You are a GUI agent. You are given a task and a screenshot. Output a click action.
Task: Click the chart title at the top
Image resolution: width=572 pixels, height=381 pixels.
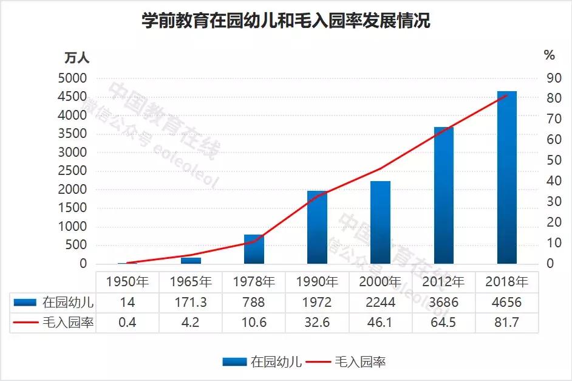pos(286,21)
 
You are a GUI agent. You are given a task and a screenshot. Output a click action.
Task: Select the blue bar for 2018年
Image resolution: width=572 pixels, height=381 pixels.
pos(506,177)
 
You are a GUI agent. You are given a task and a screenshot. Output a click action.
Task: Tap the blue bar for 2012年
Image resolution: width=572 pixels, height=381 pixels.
pos(443,196)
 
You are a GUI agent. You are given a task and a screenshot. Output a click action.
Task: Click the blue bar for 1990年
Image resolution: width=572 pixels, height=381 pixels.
pos(317,227)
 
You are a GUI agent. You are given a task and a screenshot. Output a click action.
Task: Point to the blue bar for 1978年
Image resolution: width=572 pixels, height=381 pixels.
pos(254,249)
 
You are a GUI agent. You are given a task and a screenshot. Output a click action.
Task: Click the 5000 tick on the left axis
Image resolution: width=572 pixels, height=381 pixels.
pos(73,78)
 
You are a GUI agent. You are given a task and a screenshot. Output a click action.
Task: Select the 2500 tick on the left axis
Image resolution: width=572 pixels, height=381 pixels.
pos(73,171)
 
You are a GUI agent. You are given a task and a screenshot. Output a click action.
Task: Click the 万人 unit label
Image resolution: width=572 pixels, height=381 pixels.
pos(77,58)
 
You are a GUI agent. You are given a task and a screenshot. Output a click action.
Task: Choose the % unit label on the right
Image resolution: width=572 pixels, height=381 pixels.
pos(549,55)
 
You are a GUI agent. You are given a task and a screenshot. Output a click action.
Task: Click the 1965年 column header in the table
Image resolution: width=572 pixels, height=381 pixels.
pos(191,282)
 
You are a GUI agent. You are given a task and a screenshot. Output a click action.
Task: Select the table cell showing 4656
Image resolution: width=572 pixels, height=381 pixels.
pos(506,302)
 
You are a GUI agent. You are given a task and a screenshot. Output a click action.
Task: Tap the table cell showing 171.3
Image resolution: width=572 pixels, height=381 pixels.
pos(191,302)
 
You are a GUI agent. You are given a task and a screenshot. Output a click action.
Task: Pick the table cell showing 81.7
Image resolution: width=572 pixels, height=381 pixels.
pos(506,322)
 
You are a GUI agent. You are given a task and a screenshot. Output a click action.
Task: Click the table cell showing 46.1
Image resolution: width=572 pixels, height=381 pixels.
pos(380,322)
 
